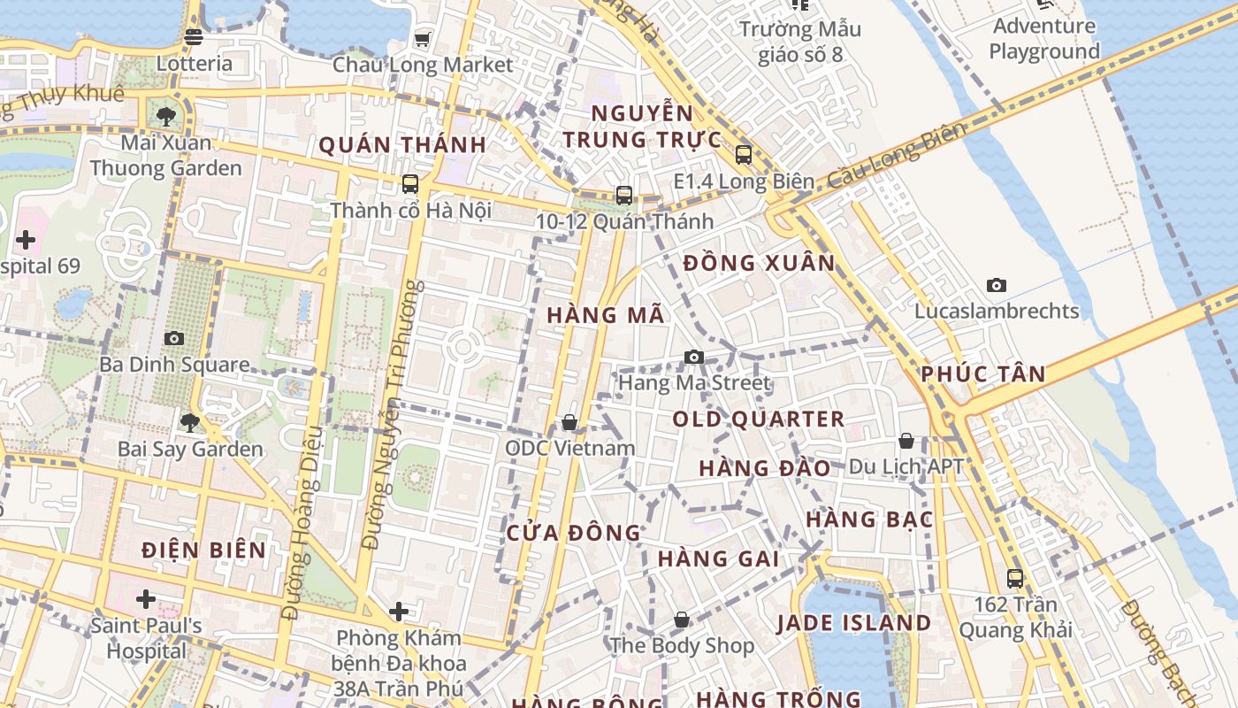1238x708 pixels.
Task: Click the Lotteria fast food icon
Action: click(x=194, y=37)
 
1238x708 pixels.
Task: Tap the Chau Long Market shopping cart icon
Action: click(x=422, y=39)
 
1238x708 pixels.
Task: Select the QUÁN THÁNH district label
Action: click(x=402, y=145)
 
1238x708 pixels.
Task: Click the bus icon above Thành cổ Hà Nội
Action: click(x=410, y=184)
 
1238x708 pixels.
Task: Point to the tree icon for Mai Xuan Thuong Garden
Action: click(x=165, y=116)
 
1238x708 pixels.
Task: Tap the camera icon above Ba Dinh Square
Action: click(x=174, y=338)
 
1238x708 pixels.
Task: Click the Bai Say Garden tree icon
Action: click(x=190, y=422)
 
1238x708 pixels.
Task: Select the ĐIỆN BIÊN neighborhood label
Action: click(x=204, y=550)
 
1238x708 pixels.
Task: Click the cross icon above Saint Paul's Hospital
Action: click(x=146, y=599)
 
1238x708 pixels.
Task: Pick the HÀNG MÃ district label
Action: click(x=606, y=315)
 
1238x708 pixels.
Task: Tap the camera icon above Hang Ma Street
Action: click(x=694, y=357)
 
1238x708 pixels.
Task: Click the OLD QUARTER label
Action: click(x=759, y=419)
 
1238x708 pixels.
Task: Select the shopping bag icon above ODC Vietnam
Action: click(x=569, y=422)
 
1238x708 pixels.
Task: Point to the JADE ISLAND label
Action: click(x=854, y=623)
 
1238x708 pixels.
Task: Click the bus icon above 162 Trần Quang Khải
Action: click(x=1015, y=579)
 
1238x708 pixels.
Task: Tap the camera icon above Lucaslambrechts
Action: click(x=997, y=285)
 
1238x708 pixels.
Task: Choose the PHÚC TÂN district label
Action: click(x=983, y=373)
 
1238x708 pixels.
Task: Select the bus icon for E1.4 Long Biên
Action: click(x=744, y=155)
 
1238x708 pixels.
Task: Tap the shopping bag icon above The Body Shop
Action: click(x=681, y=619)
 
